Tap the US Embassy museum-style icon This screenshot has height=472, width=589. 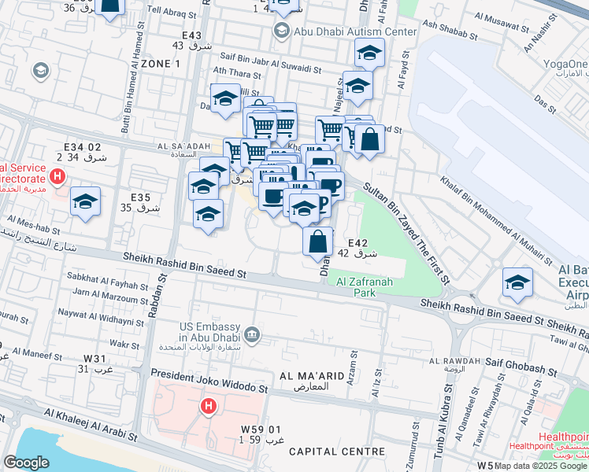click(251, 334)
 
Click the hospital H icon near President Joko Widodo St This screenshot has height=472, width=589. click(208, 407)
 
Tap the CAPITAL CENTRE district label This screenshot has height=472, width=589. click(336, 452)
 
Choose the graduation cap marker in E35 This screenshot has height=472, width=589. click(86, 202)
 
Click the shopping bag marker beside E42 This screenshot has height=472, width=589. click(318, 241)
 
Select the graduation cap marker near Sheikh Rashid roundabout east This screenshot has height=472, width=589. click(517, 283)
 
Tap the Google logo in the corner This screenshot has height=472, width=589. click(26, 463)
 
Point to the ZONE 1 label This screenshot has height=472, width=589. click(150, 63)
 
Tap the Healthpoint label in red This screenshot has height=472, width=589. click(564, 437)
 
